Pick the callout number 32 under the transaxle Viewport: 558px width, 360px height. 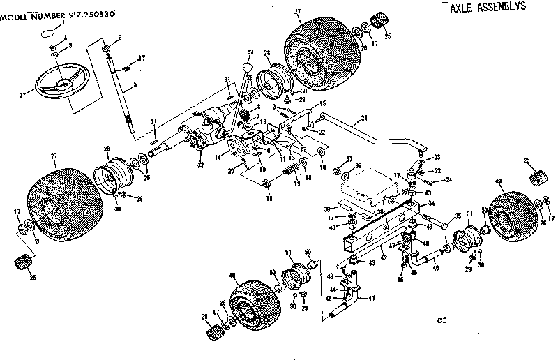(x=201, y=165)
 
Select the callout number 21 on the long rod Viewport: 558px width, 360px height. (x=363, y=119)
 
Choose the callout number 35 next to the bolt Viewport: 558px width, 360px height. (x=458, y=217)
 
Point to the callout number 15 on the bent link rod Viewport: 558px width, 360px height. (x=322, y=104)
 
